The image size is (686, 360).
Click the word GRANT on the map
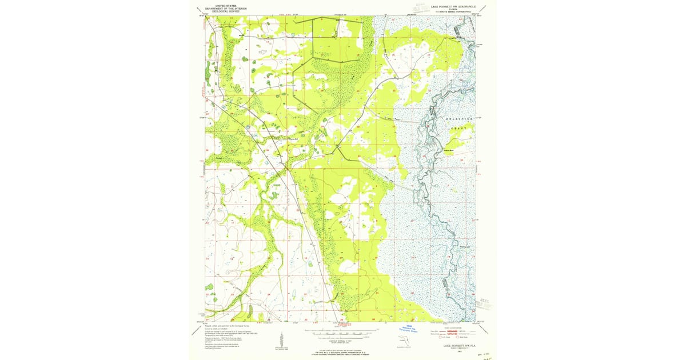coord(457,129)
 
